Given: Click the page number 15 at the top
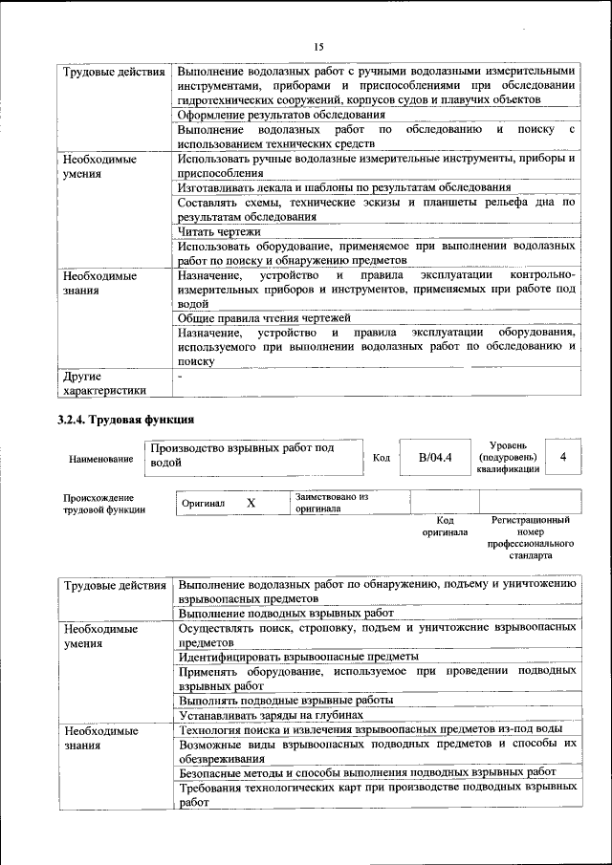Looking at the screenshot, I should (x=319, y=45).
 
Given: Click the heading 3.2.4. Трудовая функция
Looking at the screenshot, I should (x=126, y=419).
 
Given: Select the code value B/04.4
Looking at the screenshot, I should (x=435, y=457).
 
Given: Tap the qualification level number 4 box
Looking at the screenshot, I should (x=563, y=457).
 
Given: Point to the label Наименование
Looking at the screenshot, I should (x=101, y=459).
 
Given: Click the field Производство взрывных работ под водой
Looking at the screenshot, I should (x=254, y=455).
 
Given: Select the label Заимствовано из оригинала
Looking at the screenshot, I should (x=332, y=503).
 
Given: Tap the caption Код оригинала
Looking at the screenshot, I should (x=445, y=526).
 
